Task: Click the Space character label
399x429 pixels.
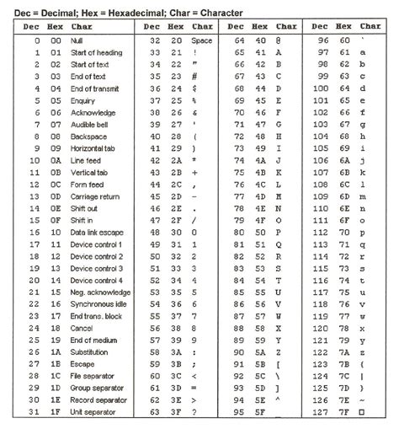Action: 202,40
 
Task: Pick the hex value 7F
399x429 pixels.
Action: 346,413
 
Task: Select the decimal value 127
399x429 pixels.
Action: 320,413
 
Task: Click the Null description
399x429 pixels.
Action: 78,40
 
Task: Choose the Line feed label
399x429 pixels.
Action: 87,159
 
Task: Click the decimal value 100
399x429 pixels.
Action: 320,88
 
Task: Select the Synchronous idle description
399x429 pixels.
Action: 98,304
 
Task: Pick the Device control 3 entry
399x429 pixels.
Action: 96,268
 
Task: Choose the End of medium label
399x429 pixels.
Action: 93,341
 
